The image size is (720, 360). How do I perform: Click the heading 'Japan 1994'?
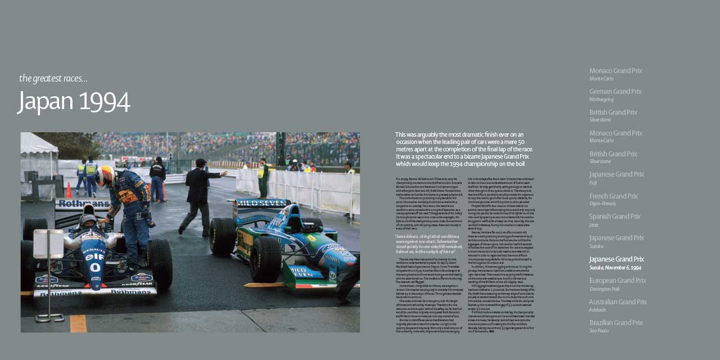[74, 101]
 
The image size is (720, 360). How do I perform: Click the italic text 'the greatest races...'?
[53, 78]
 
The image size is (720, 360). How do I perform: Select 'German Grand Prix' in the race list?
[615, 92]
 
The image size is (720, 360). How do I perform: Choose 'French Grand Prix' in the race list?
[613, 196]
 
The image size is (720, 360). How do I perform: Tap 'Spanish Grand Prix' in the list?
[615, 217]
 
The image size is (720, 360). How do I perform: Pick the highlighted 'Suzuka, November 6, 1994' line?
[615, 268]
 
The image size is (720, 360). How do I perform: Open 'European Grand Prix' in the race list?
[618, 281]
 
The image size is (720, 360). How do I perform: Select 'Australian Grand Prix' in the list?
[618, 302]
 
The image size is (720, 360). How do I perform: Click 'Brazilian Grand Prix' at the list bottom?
[615, 323]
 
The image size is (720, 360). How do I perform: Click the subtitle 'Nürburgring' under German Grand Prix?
[601, 100]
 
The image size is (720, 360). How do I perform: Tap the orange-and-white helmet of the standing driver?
[105, 175]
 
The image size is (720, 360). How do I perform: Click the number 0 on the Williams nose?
[94, 268]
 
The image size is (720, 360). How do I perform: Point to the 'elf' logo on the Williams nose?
[94, 256]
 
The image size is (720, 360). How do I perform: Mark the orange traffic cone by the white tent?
[69, 190]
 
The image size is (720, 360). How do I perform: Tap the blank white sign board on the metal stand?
[48, 244]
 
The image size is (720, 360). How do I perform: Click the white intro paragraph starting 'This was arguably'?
[464, 149]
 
